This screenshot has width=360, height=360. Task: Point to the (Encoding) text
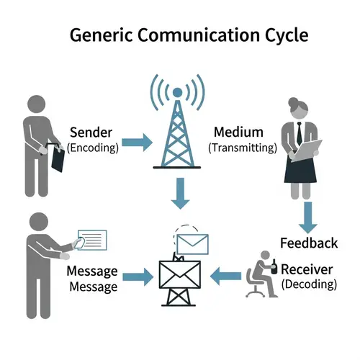90,148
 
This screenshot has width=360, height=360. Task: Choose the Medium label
239,132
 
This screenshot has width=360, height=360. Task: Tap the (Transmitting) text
243,148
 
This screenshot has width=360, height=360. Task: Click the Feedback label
309,243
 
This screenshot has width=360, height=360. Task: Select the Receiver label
307,269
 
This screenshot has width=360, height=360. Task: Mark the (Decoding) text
309,284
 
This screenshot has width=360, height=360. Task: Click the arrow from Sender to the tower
136,142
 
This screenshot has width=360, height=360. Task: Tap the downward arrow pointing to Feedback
308,214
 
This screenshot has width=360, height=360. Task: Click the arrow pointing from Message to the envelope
139,276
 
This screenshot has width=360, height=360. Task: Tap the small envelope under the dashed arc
191,241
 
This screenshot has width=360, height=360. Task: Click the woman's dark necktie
297,133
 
